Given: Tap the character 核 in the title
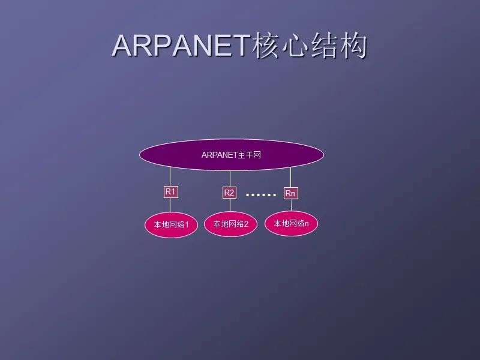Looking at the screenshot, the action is point(265,46).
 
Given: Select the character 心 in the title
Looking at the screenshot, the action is point(295,46).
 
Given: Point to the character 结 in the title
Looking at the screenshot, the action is point(324,46).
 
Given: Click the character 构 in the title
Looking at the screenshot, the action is point(353,46).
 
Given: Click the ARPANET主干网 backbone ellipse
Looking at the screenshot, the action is point(232,155).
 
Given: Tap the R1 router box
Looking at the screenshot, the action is point(171,192).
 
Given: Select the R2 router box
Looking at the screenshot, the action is point(229,193).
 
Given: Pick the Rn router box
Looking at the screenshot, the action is point(290,193).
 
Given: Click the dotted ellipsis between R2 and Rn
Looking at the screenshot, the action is point(261,194).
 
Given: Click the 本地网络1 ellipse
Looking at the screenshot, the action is point(171,224).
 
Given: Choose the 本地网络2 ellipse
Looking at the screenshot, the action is point(230,224).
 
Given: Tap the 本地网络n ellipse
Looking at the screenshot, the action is point(291,223).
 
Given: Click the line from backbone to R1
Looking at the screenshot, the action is point(170,176).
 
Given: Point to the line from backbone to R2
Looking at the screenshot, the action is point(230,178).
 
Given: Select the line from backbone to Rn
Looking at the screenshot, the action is point(290,178).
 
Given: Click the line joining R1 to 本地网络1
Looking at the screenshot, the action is point(170,205).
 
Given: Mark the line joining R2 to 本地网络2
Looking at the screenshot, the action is point(230,205).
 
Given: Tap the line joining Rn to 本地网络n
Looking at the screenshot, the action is point(292,205).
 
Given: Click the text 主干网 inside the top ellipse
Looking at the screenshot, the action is point(250,155).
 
